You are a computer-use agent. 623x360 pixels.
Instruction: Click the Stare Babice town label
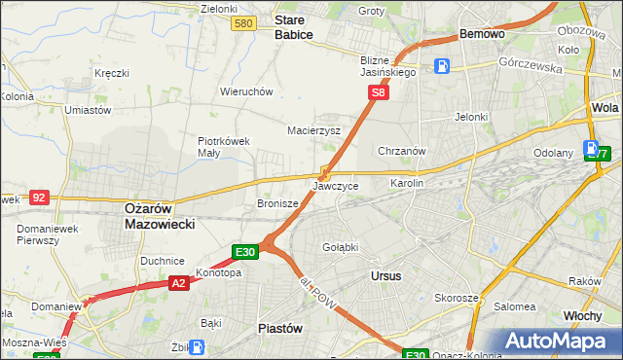(x=293, y=26)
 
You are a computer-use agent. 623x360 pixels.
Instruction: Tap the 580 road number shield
(x=244, y=23)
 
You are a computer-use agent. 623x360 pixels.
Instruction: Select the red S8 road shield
(x=379, y=93)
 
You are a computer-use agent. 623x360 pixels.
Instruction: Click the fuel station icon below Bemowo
(x=443, y=66)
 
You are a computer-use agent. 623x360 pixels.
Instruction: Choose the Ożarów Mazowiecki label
(x=160, y=215)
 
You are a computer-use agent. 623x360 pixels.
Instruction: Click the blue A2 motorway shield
(x=178, y=283)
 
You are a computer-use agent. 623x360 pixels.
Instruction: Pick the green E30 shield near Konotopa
(x=245, y=252)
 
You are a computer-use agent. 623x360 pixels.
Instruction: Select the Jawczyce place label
(x=336, y=185)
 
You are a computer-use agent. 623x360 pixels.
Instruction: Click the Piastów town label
(x=277, y=328)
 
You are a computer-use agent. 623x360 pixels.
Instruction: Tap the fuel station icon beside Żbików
(x=198, y=346)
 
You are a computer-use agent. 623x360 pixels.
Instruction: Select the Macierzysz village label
(x=313, y=129)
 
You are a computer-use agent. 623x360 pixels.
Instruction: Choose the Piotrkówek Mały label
(x=225, y=146)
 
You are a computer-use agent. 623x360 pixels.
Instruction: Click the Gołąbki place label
(x=340, y=247)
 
